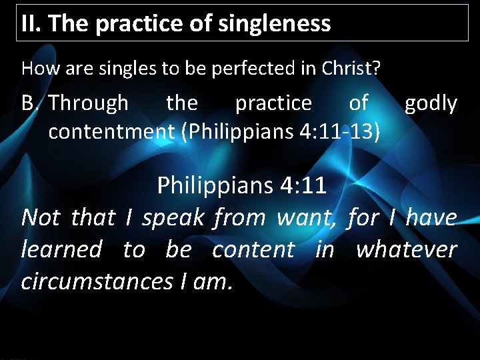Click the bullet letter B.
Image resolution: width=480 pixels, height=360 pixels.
(x=29, y=103)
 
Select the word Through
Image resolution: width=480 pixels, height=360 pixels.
(x=89, y=103)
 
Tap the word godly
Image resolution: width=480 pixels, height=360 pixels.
(x=431, y=103)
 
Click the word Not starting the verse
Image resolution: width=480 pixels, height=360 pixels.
(x=41, y=217)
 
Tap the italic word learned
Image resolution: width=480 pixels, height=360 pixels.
(x=61, y=249)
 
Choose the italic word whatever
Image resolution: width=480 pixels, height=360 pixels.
(x=406, y=249)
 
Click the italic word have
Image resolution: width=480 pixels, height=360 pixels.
(x=431, y=217)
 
